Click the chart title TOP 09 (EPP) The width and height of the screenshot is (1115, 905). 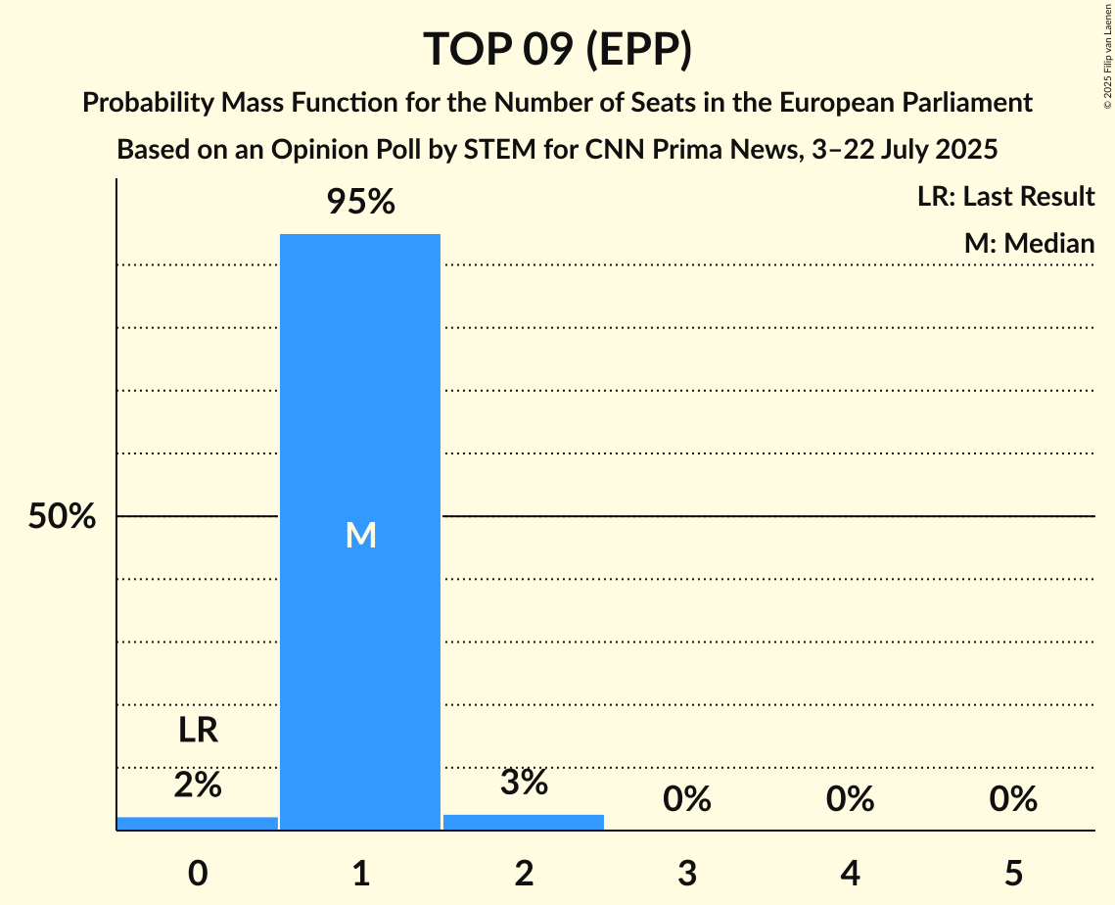coord(557,49)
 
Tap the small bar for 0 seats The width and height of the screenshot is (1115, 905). coord(198,824)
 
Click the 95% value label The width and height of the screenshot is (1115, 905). coord(360,203)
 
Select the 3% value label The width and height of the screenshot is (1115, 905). coord(524,782)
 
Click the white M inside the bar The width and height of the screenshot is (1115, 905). coord(360,535)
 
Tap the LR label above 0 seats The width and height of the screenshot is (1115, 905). coord(198,731)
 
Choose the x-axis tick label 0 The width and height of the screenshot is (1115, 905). coord(198,873)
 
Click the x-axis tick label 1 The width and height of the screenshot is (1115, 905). coord(360,873)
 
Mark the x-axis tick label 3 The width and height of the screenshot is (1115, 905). coord(686,873)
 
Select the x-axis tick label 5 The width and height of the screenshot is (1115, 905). coord(1012,873)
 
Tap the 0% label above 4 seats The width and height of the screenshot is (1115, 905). coord(850,799)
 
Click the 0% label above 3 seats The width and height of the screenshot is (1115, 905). coord(686,799)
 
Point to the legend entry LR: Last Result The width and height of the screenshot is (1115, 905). coord(1005,197)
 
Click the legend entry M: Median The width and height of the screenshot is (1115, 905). coord(1029,243)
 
